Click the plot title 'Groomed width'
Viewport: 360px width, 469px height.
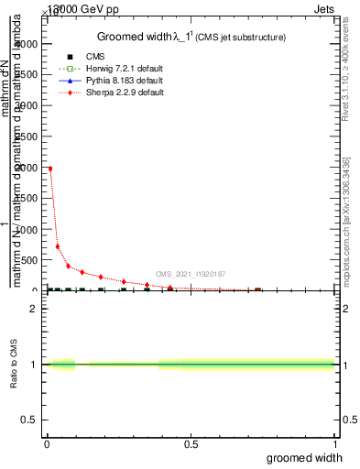(137, 37)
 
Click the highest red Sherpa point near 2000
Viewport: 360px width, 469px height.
(50, 169)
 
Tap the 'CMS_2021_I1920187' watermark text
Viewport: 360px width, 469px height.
(190, 273)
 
